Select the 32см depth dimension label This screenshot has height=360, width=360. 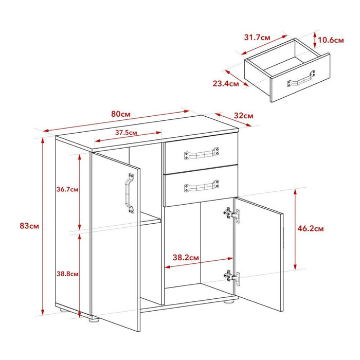243,116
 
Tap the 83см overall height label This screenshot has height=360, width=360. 28,225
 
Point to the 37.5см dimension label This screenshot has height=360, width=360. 126,133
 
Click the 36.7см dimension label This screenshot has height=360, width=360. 67,189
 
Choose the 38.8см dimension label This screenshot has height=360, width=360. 67,274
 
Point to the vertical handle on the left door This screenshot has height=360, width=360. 129,193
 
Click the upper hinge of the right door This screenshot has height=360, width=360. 231,214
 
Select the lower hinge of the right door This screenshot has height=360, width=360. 231,278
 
